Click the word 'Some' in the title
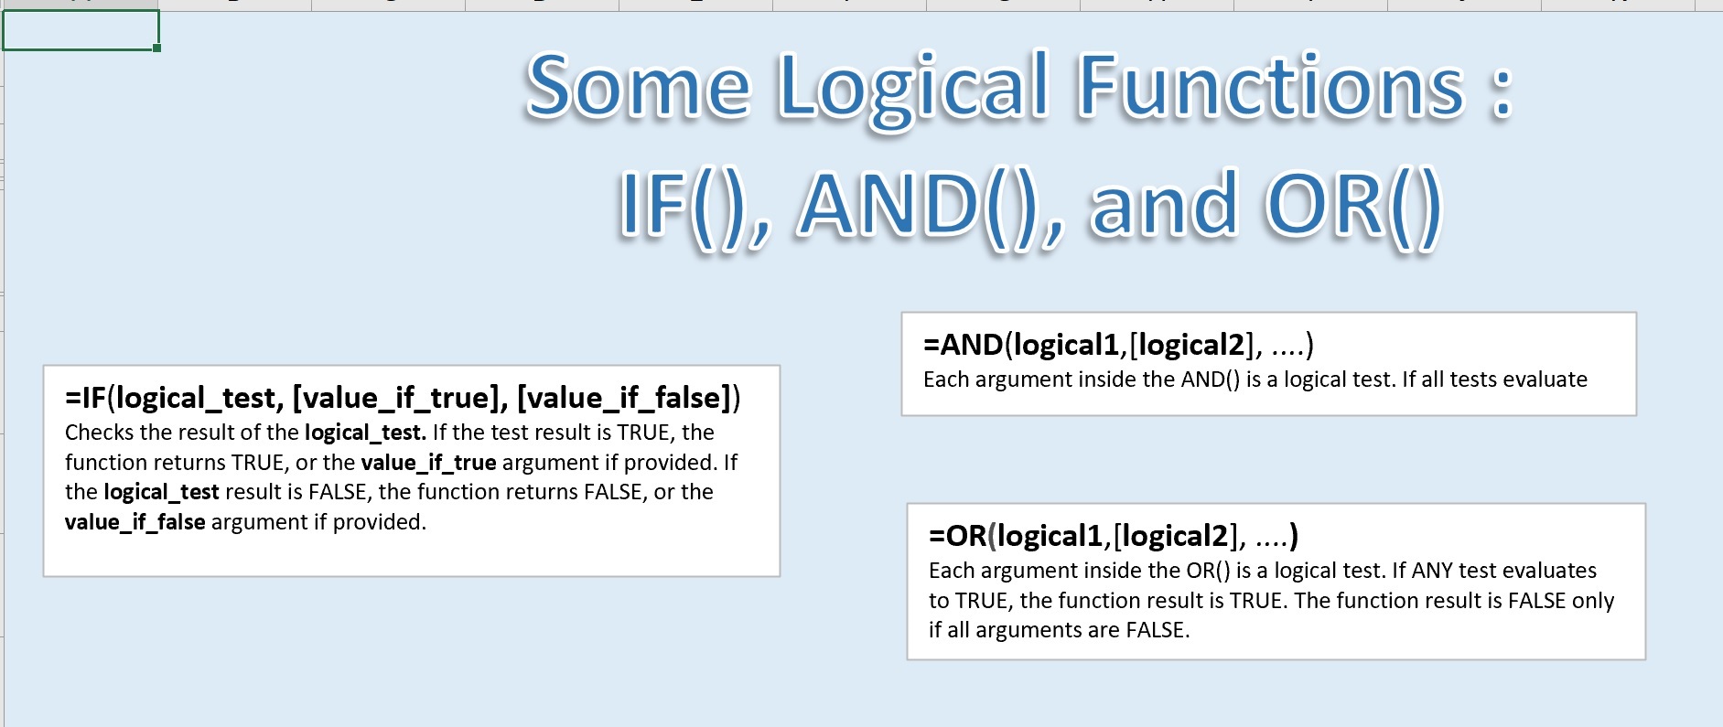(638, 87)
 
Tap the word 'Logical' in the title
(913, 87)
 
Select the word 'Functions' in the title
(1272, 87)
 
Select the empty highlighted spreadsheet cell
(81, 30)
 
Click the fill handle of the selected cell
(157, 48)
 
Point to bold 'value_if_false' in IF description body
(135, 522)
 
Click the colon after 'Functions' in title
(1502, 91)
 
